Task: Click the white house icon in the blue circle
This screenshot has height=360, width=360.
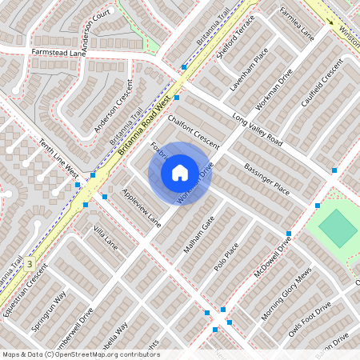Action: coord(180,172)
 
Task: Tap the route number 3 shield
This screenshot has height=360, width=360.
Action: coord(30,262)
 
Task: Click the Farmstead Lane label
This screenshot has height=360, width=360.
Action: coord(58,52)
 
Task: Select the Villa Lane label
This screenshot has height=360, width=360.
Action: coord(105,238)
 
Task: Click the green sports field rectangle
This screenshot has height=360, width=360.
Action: coord(338,230)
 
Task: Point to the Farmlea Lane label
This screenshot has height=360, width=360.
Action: coord(297,25)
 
